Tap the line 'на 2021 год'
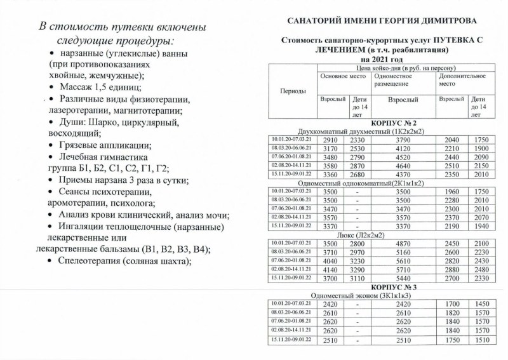coord(381,58)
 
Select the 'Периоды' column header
coord(293,91)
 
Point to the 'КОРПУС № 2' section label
coord(381,123)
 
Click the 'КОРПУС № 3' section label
coord(381,288)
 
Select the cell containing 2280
coord(452,201)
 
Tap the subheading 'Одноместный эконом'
coord(362,295)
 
